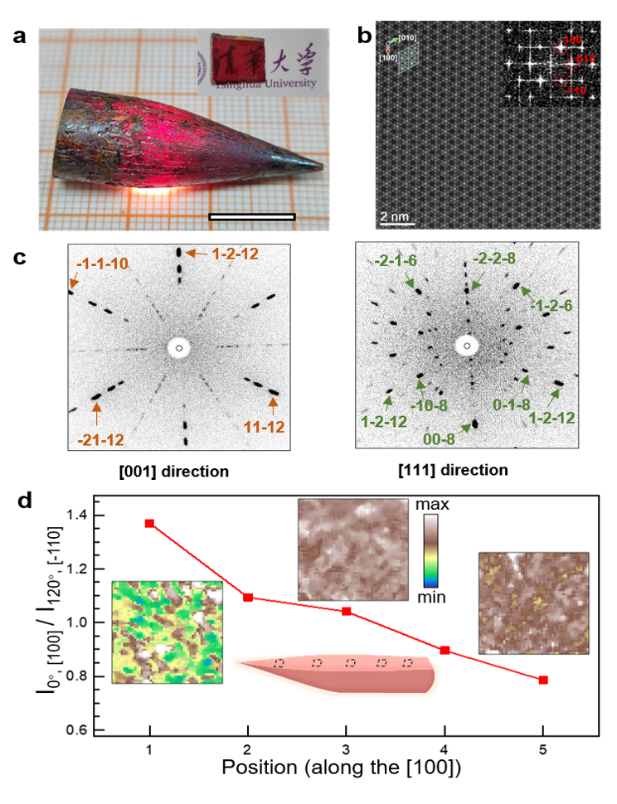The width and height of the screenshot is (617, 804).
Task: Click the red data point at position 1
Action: (x=150, y=524)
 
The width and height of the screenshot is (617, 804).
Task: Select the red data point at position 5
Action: (x=544, y=680)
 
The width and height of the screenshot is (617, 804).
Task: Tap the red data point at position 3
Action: (x=347, y=611)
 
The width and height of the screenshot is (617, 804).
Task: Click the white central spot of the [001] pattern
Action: (x=178, y=347)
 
